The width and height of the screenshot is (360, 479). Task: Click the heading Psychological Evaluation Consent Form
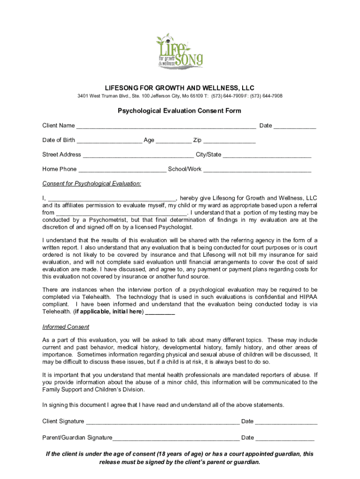click(x=180, y=111)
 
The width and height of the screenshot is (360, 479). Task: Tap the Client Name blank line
click(x=166, y=126)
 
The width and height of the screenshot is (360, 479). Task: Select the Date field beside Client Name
click(x=295, y=126)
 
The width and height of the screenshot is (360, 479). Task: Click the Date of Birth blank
click(x=109, y=141)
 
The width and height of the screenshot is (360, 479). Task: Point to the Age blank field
click(x=173, y=141)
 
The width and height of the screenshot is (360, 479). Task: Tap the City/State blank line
click(x=267, y=155)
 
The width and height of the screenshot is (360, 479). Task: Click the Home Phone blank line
click(x=122, y=170)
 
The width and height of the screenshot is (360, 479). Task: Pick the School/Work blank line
click(x=257, y=170)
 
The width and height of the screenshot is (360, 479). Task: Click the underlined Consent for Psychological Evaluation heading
click(x=92, y=183)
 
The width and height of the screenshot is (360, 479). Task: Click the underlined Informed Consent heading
click(x=66, y=327)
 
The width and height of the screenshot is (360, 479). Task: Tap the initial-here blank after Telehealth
click(x=160, y=312)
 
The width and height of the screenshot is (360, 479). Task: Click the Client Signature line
click(x=163, y=422)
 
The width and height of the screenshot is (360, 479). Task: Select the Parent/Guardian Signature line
click(x=176, y=438)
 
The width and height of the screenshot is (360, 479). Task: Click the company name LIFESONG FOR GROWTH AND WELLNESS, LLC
click(x=180, y=88)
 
